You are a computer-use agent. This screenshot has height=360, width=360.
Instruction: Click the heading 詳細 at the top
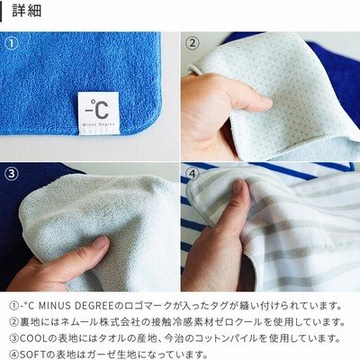(x=27, y=11)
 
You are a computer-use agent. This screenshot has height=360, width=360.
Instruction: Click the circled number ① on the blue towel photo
(x=12, y=44)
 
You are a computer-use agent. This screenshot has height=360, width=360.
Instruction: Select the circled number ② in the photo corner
(x=193, y=43)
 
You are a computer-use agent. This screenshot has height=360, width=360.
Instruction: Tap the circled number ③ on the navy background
(x=12, y=174)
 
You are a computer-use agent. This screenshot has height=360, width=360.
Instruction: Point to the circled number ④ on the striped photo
(x=193, y=174)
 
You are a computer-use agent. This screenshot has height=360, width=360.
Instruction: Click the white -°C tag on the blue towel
(x=98, y=113)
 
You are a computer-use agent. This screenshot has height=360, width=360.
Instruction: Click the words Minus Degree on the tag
(x=98, y=123)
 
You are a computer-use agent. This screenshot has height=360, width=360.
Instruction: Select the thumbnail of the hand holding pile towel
(x=90, y=227)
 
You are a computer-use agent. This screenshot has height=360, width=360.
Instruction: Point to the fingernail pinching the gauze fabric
(x=238, y=186)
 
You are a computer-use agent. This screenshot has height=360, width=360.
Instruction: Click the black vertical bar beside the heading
(x=1, y=11)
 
